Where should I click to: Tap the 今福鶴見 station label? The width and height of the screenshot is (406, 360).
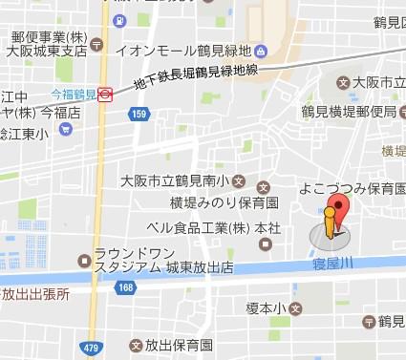click(74, 95)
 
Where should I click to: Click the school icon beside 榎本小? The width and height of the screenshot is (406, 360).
click(296, 308)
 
